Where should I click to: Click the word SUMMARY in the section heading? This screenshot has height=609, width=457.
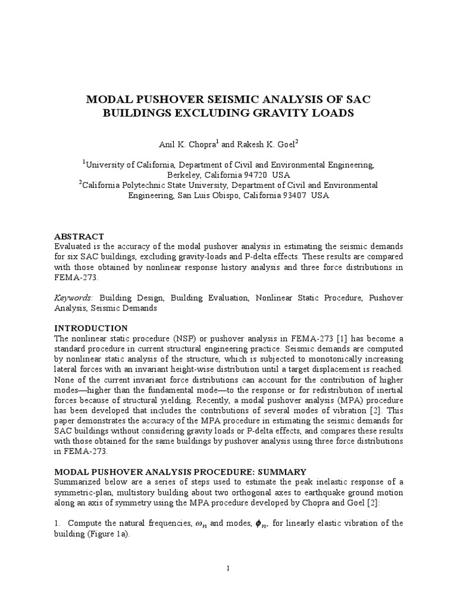click(283, 471)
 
